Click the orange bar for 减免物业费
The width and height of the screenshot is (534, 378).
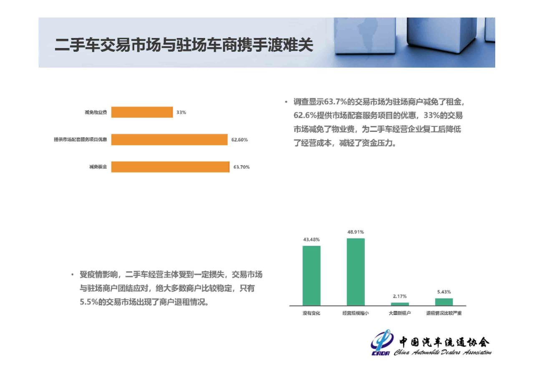coord(142,112)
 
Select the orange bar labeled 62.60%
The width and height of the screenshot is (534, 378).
coord(169,140)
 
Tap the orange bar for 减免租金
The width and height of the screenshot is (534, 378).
coord(171,167)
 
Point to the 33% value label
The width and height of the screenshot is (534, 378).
coord(181,112)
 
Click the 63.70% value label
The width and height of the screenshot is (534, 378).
coord(242,167)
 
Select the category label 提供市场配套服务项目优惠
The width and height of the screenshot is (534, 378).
coord(81,140)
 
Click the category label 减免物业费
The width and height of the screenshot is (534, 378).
coord(96,112)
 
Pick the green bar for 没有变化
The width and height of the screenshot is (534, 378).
coord(312,276)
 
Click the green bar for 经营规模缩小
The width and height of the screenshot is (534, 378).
coord(356,272)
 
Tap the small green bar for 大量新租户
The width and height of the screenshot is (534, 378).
coord(400,304)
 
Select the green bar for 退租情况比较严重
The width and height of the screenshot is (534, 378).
coord(444,302)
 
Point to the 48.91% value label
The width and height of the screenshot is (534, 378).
coord(356,232)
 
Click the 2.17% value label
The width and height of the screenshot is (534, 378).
coord(400,297)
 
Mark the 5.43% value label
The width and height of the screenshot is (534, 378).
coord(444,292)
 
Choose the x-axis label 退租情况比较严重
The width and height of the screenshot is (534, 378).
coord(444,313)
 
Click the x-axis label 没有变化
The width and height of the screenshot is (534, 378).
coord(311,313)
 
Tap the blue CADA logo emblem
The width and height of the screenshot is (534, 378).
coord(382,342)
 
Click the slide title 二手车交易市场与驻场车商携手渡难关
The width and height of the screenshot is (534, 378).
coord(184,45)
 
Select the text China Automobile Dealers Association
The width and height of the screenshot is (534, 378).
coord(443,352)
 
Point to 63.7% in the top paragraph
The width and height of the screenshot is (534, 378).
coord(335,102)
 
